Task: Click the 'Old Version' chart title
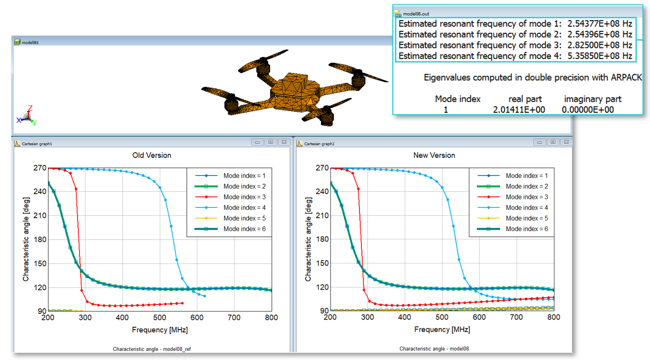click(151, 155)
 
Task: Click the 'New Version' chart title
click(434, 155)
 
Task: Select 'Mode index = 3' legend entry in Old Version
click(244, 197)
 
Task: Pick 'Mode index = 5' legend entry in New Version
click(527, 218)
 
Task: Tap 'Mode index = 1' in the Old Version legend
click(244, 175)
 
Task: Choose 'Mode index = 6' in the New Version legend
click(527, 229)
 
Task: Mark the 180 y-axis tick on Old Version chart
click(39, 239)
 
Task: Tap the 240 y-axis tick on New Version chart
click(322, 192)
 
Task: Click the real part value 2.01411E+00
click(519, 110)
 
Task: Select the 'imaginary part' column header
click(592, 99)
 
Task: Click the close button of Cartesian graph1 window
click(284, 142)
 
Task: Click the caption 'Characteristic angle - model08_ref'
click(152, 349)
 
